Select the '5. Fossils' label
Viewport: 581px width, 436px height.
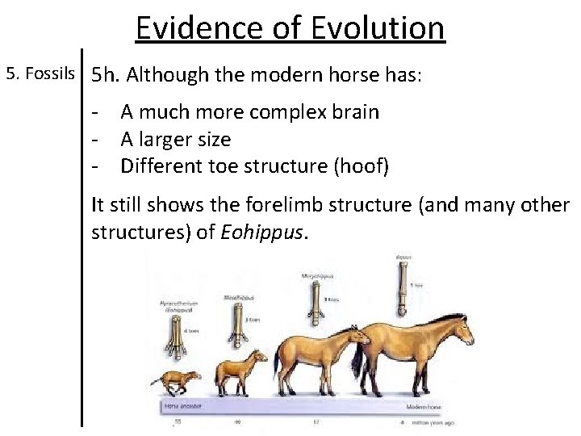(40, 74)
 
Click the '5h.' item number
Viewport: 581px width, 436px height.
(107, 76)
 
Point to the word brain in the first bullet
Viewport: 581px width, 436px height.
(350, 112)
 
